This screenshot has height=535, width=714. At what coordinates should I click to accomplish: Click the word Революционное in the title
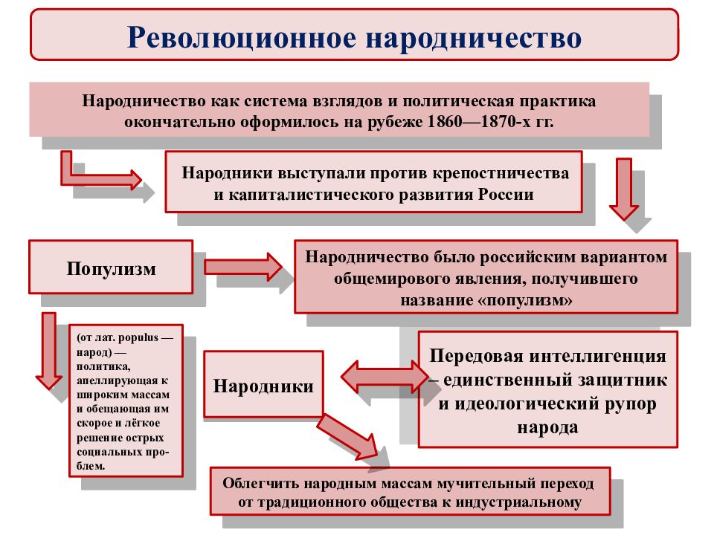(241, 37)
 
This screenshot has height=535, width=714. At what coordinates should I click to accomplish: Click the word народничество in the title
(474, 38)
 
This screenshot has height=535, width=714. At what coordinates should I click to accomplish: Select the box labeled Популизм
(111, 267)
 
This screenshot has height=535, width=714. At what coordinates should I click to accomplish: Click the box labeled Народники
(263, 384)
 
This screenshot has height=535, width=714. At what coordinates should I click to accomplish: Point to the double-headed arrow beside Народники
(385, 377)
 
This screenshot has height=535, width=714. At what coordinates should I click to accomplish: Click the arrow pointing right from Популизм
(243, 267)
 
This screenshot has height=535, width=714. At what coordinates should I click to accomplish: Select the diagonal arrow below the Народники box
(348, 437)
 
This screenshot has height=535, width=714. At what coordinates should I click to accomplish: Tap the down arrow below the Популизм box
(49, 351)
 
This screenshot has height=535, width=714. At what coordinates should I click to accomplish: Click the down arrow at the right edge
(624, 189)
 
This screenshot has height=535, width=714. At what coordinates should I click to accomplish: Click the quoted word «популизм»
(526, 299)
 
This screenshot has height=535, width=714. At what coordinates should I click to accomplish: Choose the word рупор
(630, 404)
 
